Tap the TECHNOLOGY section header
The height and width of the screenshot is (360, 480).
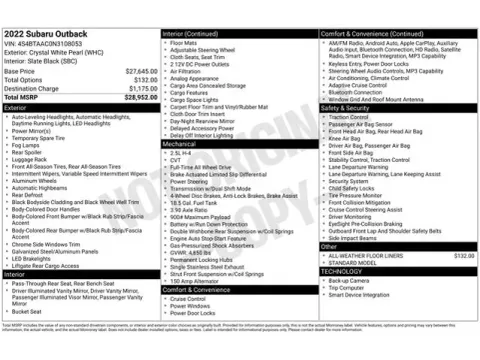click(x=342, y=271)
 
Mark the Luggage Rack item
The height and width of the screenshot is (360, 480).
click(x=31, y=158)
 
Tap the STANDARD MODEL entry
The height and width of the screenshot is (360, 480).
click(x=349, y=263)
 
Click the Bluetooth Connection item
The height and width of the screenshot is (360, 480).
click(x=354, y=91)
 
